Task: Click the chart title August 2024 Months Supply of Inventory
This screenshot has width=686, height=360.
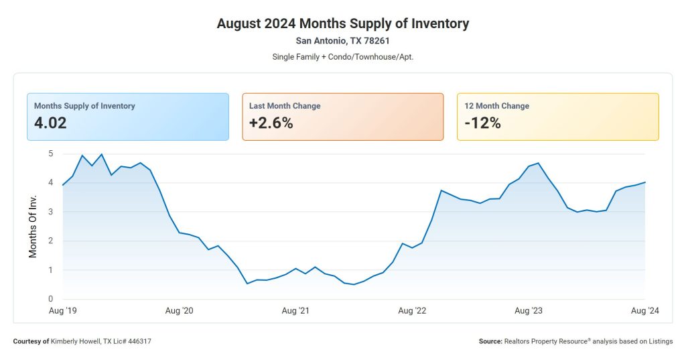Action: click(x=342, y=23)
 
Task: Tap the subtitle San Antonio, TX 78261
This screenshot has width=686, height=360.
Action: click(x=342, y=41)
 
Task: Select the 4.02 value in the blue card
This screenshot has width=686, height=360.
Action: click(x=50, y=123)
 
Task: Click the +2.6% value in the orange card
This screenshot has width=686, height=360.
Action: click(x=271, y=123)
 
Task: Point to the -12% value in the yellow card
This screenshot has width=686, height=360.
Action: click(x=482, y=123)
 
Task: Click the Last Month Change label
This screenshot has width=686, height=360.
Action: click(x=285, y=106)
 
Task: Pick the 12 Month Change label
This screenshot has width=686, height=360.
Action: click(x=496, y=106)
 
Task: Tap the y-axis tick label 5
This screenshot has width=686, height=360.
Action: click(x=50, y=154)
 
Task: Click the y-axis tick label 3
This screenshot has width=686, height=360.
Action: click(x=50, y=212)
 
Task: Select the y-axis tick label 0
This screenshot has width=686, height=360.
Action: click(x=50, y=299)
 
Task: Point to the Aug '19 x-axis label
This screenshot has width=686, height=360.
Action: click(x=63, y=310)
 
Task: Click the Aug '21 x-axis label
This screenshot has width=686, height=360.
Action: click(x=295, y=310)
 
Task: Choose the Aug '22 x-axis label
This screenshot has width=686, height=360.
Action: click(x=412, y=310)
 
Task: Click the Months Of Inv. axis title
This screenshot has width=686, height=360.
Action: click(x=33, y=227)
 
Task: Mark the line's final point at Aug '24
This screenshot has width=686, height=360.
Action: click(x=645, y=182)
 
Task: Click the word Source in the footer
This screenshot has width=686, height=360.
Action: click(x=490, y=341)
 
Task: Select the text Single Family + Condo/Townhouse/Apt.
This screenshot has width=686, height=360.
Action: click(x=342, y=56)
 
